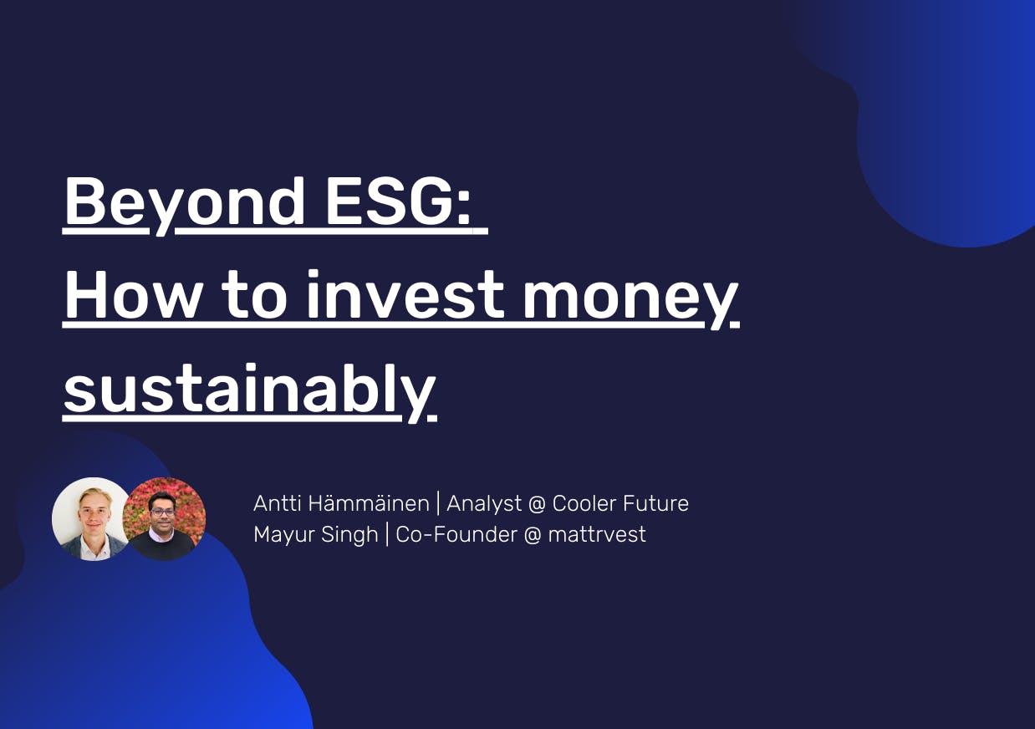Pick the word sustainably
click(x=249, y=393)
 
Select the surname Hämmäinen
click(x=369, y=503)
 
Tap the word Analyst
click(x=484, y=504)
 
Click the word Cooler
click(x=584, y=503)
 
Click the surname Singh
click(x=349, y=535)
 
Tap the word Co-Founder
click(x=456, y=534)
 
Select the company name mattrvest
click(x=597, y=534)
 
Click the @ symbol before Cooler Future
click(x=537, y=504)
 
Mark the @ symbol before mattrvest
click(x=533, y=535)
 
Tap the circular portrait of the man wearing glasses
click(x=164, y=519)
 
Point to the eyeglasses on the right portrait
click(x=163, y=512)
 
